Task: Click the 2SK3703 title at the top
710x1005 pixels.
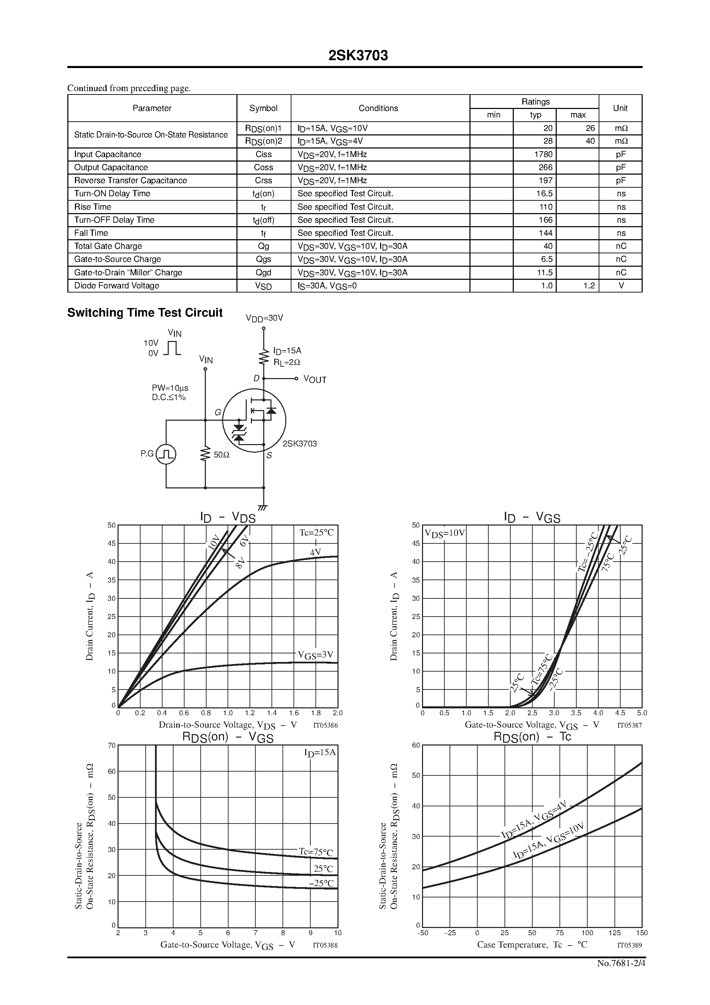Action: pyautogui.click(x=358, y=56)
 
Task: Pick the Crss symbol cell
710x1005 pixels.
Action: pyautogui.click(x=264, y=180)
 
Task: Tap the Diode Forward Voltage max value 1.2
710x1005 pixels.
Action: pyautogui.click(x=589, y=286)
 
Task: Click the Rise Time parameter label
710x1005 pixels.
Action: pyautogui.click(x=93, y=207)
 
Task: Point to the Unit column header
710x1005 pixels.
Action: pyautogui.click(x=620, y=108)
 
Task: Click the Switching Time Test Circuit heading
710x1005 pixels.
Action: pyautogui.click(x=145, y=312)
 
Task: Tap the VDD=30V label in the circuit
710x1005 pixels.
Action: pyautogui.click(x=264, y=318)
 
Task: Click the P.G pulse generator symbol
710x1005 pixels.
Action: pyautogui.click(x=166, y=454)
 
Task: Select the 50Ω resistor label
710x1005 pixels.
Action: pyautogui.click(x=222, y=455)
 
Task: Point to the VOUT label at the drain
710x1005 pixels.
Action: pyautogui.click(x=315, y=379)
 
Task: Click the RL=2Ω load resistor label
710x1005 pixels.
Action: pyautogui.click(x=287, y=362)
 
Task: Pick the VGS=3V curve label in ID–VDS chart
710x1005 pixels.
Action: pyautogui.click(x=315, y=655)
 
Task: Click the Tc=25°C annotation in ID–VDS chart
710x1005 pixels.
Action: pyautogui.click(x=316, y=532)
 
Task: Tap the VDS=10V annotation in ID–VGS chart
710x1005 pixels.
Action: pyautogui.click(x=444, y=533)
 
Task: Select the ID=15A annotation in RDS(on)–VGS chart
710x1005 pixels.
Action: pyautogui.click(x=320, y=752)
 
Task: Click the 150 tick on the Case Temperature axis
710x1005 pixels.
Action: pyautogui.click(x=642, y=933)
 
